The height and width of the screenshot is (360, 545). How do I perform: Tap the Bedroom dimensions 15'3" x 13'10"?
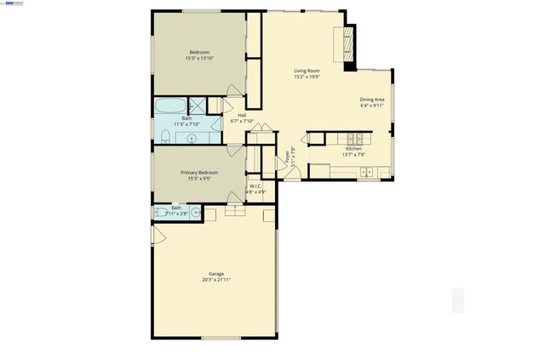(201, 59)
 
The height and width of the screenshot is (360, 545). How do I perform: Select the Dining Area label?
(372, 100)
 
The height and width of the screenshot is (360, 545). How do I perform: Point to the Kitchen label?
(353, 148)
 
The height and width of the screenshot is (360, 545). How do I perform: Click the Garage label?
(216, 273)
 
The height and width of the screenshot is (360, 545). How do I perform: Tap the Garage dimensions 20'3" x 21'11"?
(216, 279)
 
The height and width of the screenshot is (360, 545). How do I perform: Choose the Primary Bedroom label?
(199, 173)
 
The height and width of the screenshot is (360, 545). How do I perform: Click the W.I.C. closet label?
(255, 186)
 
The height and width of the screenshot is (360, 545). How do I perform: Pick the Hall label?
(242, 115)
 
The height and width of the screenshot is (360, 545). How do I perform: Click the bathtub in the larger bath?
(169, 107)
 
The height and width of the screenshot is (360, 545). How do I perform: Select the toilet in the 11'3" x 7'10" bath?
(164, 137)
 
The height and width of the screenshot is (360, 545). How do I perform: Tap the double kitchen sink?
(366, 173)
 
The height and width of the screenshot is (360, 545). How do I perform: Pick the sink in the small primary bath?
(195, 211)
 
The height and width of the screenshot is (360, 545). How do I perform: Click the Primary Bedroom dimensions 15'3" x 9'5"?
(199, 179)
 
